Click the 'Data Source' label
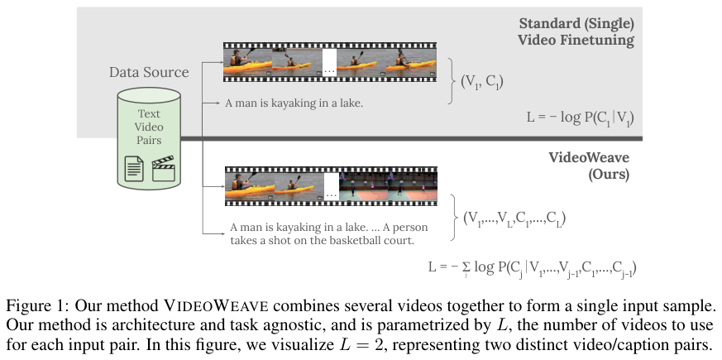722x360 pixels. coord(148,73)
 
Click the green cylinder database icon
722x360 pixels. coord(150,141)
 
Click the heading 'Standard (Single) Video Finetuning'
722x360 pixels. coord(576,31)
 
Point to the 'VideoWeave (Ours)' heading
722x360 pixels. coord(589,166)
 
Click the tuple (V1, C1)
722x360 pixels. coord(482,81)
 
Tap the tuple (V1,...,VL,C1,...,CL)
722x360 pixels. coord(514,219)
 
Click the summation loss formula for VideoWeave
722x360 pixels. coord(532,267)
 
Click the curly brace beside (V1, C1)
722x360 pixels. coord(451,81)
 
